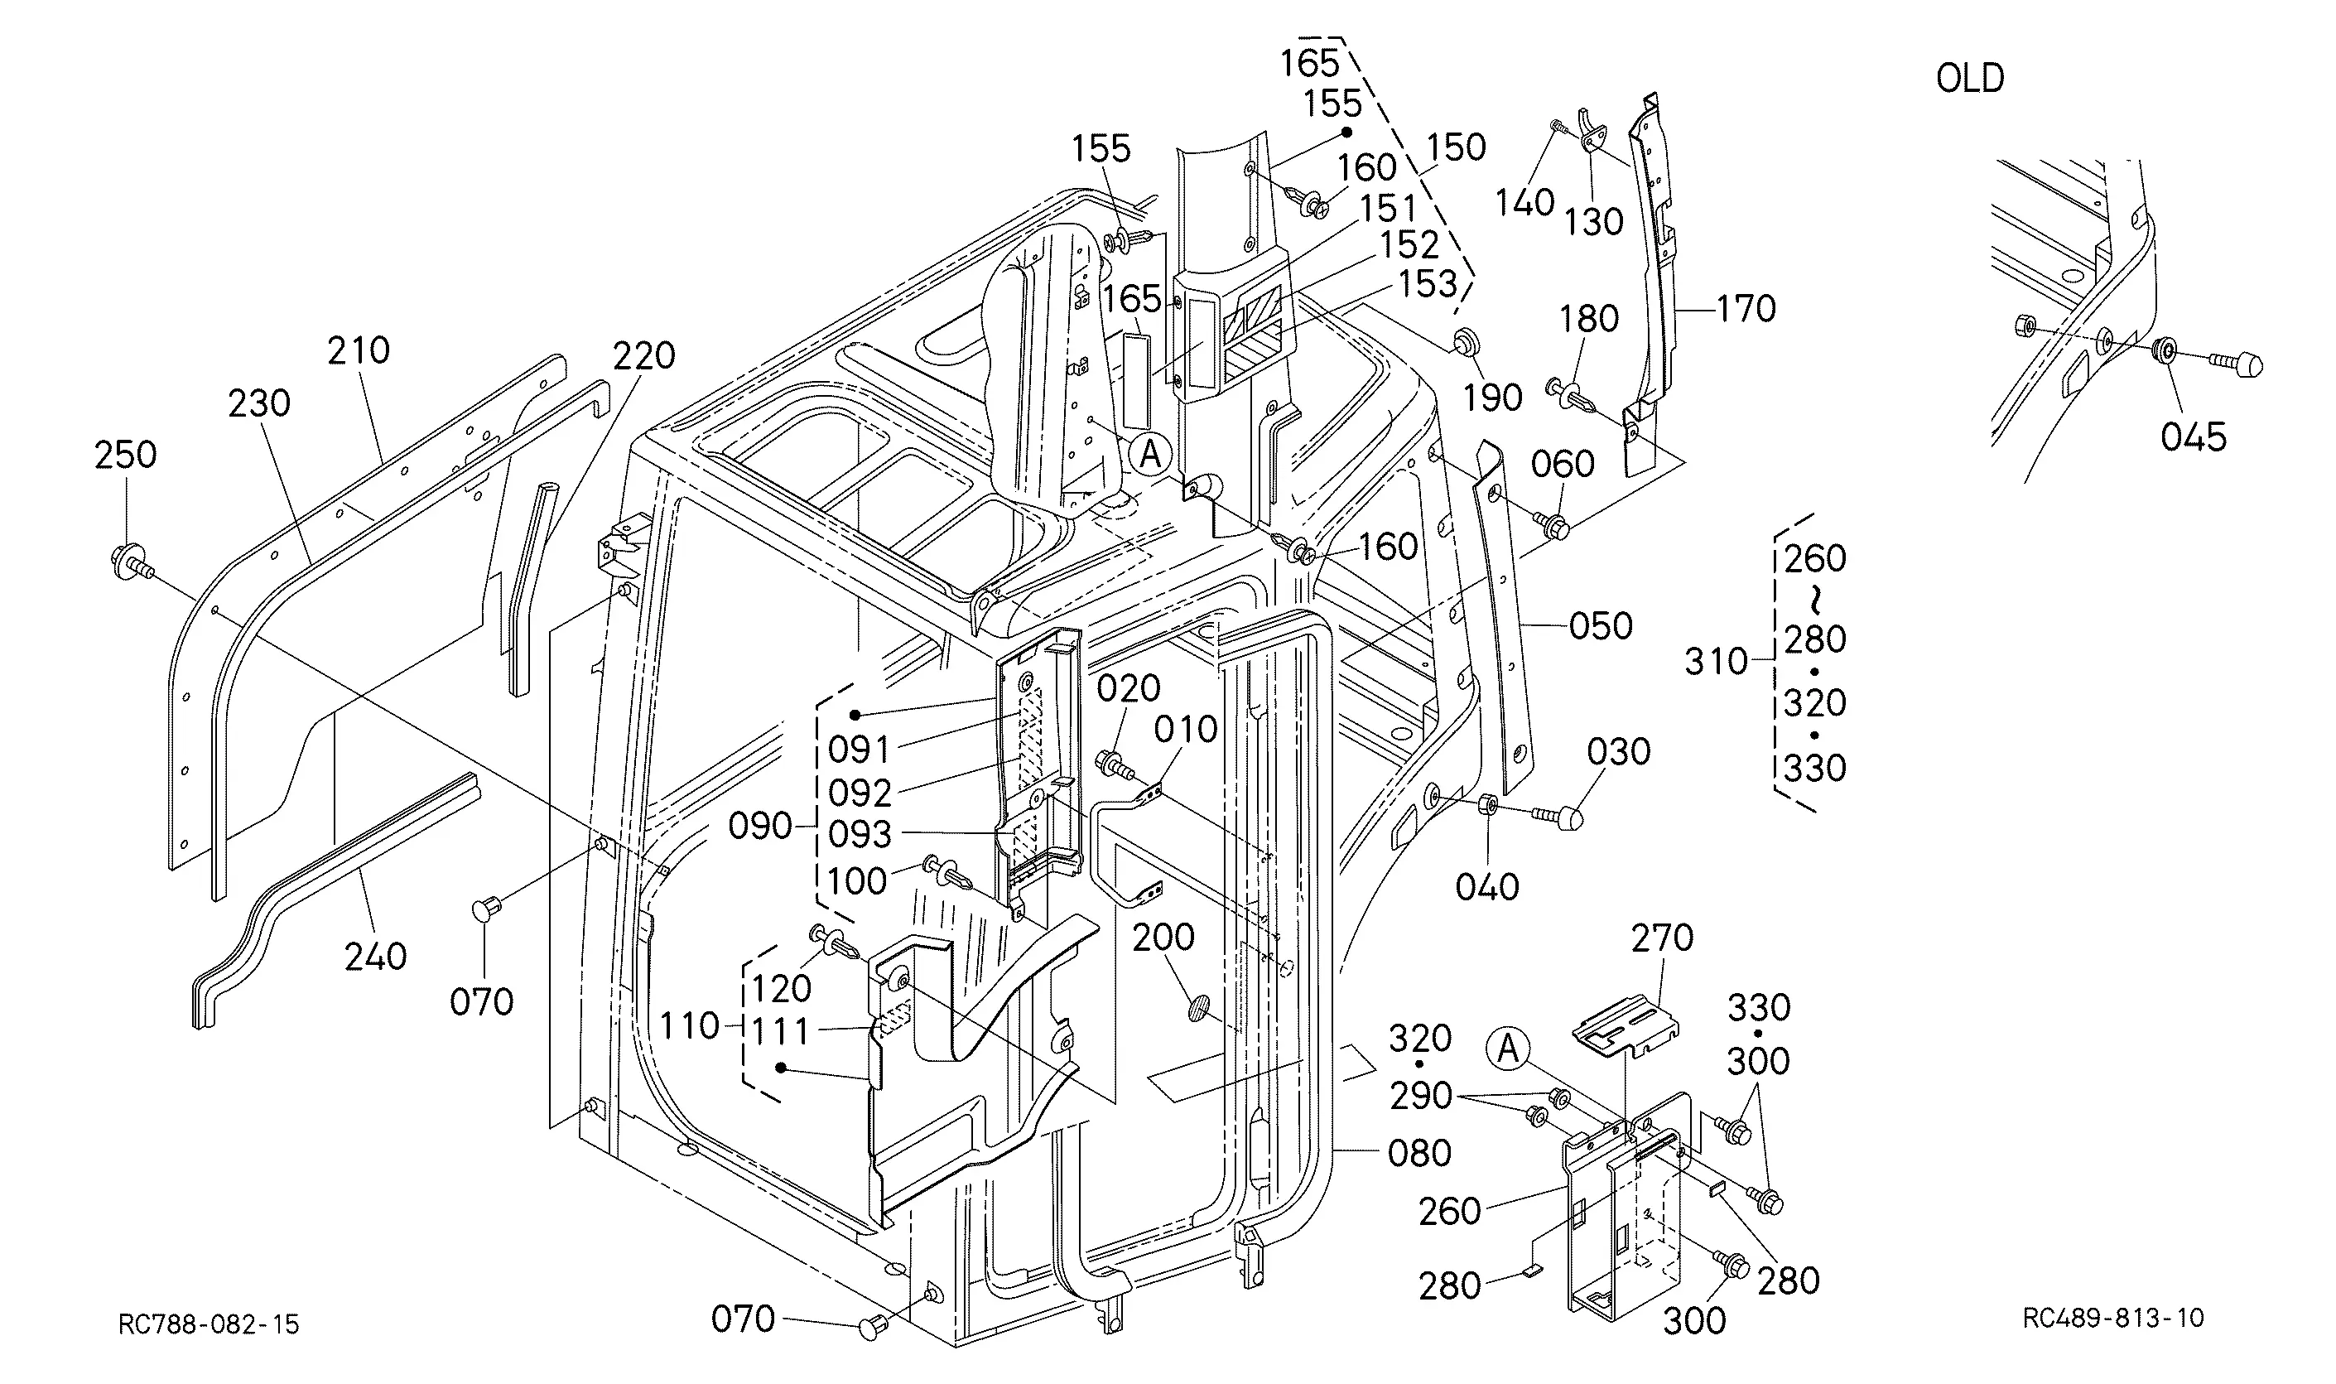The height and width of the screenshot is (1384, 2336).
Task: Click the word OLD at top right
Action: click(1970, 79)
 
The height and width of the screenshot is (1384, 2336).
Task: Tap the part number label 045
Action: click(2194, 436)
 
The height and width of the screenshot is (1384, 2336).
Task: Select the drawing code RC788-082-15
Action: click(209, 1324)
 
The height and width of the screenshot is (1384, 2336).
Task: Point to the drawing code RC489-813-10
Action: click(2113, 1317)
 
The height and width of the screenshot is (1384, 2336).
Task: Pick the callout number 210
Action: click(358, 350)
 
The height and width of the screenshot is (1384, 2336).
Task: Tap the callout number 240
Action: click(376, 957)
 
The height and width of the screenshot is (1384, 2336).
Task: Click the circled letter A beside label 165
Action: click(1150, 455)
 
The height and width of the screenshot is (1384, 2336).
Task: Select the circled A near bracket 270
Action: click(1508, 1049)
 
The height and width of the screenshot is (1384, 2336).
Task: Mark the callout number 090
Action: click(759, 827)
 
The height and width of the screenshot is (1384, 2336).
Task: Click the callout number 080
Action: click(1419, 1154)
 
